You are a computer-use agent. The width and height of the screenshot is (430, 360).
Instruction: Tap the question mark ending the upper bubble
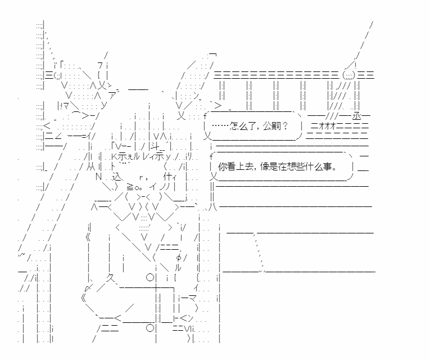[285, 126]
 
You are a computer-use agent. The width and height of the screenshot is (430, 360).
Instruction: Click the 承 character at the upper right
[357, 116]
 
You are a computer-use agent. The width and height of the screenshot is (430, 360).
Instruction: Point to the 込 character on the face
[116, 177]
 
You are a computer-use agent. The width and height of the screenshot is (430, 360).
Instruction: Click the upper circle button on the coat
[150, 277]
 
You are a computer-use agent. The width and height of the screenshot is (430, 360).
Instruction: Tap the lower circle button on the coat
[150, 327]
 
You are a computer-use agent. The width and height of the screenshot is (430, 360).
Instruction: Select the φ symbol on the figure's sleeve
[179, 258]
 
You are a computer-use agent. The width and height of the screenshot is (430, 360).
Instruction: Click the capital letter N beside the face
[98, 177]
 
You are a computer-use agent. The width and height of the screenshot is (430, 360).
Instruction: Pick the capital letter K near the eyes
[114, 156]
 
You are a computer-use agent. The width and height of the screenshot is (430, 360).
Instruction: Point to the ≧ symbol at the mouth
[129, 187]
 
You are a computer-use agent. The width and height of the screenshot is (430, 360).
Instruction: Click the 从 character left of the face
[90, 166]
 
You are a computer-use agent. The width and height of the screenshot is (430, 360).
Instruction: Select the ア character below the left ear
[113, 96]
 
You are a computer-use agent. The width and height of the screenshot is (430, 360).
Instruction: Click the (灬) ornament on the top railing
[349, 75]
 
